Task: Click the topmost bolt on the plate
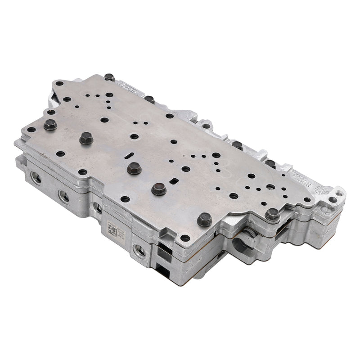[x=109, y=77]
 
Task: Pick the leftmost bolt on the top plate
[x=49, y=125]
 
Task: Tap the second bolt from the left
[x=86, y=138]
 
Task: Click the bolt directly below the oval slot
[x=134, y=168]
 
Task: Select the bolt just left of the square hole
[x=158, y=189]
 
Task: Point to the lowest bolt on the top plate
[x=204, y=219]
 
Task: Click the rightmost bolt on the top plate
[x=272, y=214]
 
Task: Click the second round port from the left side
[x=64, y=196]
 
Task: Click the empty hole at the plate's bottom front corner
[x=185, y=238]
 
